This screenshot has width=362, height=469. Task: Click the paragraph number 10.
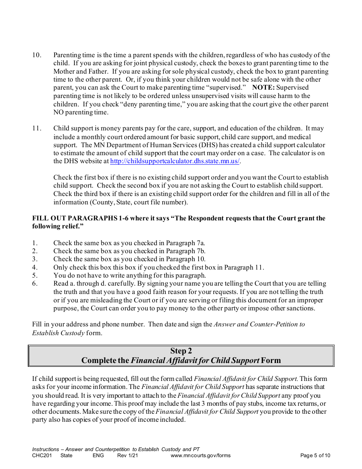pos(37,55)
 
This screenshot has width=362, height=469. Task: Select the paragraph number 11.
pos(37,128)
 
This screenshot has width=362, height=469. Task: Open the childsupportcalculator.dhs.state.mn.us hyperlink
pos(175,161)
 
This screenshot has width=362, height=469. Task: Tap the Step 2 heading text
pos(181,351)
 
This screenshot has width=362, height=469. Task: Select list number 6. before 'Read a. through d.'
pos(35,284)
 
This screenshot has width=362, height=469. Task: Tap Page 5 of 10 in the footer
pos(315,455)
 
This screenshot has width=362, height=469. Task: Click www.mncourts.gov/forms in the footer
pos(200,455)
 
